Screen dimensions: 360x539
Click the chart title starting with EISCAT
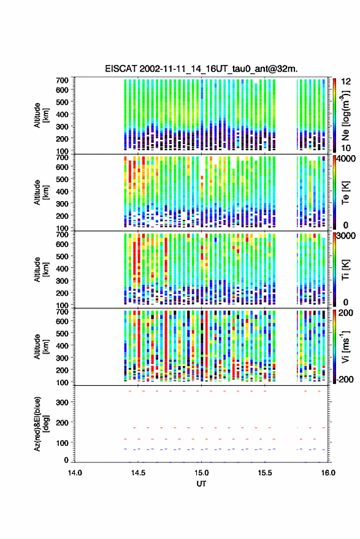pyautogui.click(x=201, y=69)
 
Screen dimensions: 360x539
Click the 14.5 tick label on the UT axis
pyautogui.click(x=138, y=473)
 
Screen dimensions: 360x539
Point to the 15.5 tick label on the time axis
pyautogui.click(x=264, y=473)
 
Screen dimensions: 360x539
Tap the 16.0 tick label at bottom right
pyautogui.click(x=328, y=473)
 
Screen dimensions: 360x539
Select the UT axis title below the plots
pyautogui.click(x=201, y=484)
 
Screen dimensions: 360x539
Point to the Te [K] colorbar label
pyautogui.click(x=345, y=193)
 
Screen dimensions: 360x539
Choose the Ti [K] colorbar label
pyautogui.click(x=345, y=270)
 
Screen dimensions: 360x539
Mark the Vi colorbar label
pyautogui.click(x=345, y=346)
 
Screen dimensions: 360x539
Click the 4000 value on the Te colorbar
pyautogui.click(x=346, y=159)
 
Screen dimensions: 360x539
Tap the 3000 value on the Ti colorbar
pyautogui.click(x=346, y=236)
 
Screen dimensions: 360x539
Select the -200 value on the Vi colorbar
pyautogui.click(x=344, y=380)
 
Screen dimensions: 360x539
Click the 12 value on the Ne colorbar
pyautogui.click(x=347, y=82)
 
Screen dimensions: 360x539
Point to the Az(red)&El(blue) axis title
pyautogui.click(x=40, y=424)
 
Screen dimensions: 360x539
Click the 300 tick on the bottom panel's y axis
pyautogui.click(x=62, y=402)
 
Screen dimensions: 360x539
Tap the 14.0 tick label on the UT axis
pyautogui.click(x=75, y=473)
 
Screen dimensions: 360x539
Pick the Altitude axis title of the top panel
pyautogui.click(x=40, y=115)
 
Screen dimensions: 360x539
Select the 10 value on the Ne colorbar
pyautogui.click(x=347, y=148)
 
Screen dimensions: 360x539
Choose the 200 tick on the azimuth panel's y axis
pyautogui.click(x=62, y=422)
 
